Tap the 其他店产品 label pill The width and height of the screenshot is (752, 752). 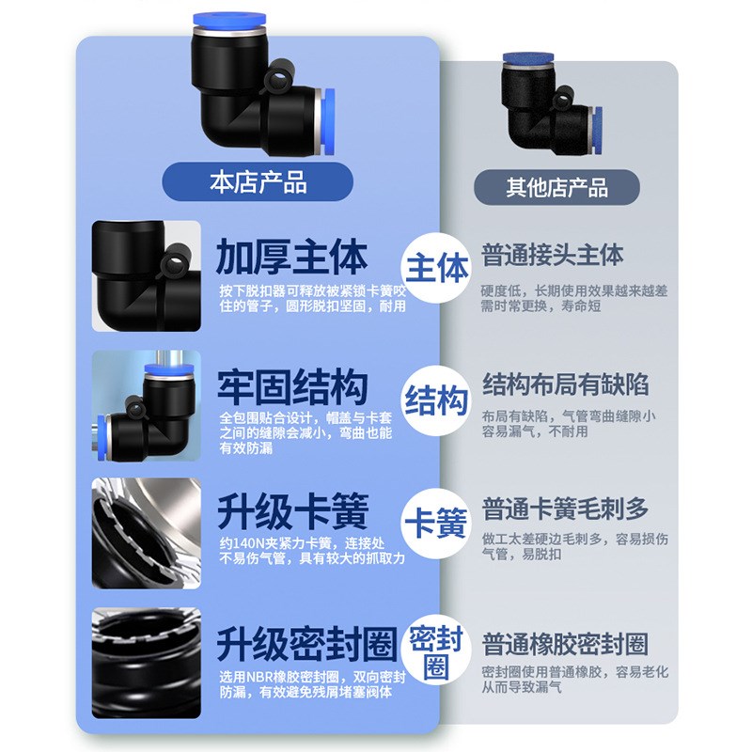point(556,186)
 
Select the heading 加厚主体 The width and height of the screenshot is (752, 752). point(291,255)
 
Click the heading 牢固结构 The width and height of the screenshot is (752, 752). point(291,386)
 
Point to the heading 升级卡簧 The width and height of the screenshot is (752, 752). point(291,513)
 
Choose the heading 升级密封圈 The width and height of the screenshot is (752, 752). point(304,644)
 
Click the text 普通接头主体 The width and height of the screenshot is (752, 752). point(553,255)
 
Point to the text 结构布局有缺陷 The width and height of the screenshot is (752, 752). point(565,384)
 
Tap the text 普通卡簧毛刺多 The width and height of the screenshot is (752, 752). point(565,510)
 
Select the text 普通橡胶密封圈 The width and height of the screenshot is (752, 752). point(565,644)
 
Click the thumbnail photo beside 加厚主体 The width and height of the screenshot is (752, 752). point(147,275)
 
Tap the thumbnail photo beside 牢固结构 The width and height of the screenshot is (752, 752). point(147,405)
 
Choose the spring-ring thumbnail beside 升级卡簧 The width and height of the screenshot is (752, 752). point(147,533)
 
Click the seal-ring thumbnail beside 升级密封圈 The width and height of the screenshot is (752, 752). point(147,663)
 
